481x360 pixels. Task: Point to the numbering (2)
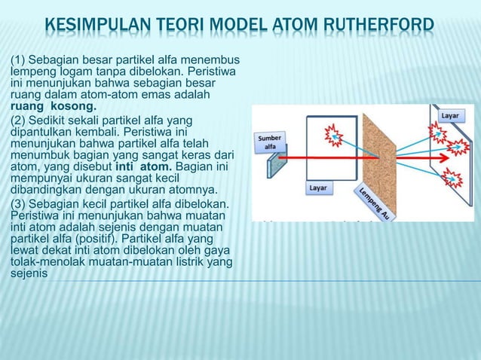(x=17, y=121)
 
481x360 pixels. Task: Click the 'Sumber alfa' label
(x=270, y=142)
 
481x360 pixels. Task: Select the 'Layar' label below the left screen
(x=317, y=188)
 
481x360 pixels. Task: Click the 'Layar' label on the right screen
(x=450, y=116)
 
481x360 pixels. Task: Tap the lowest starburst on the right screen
(x=452, y=178)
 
